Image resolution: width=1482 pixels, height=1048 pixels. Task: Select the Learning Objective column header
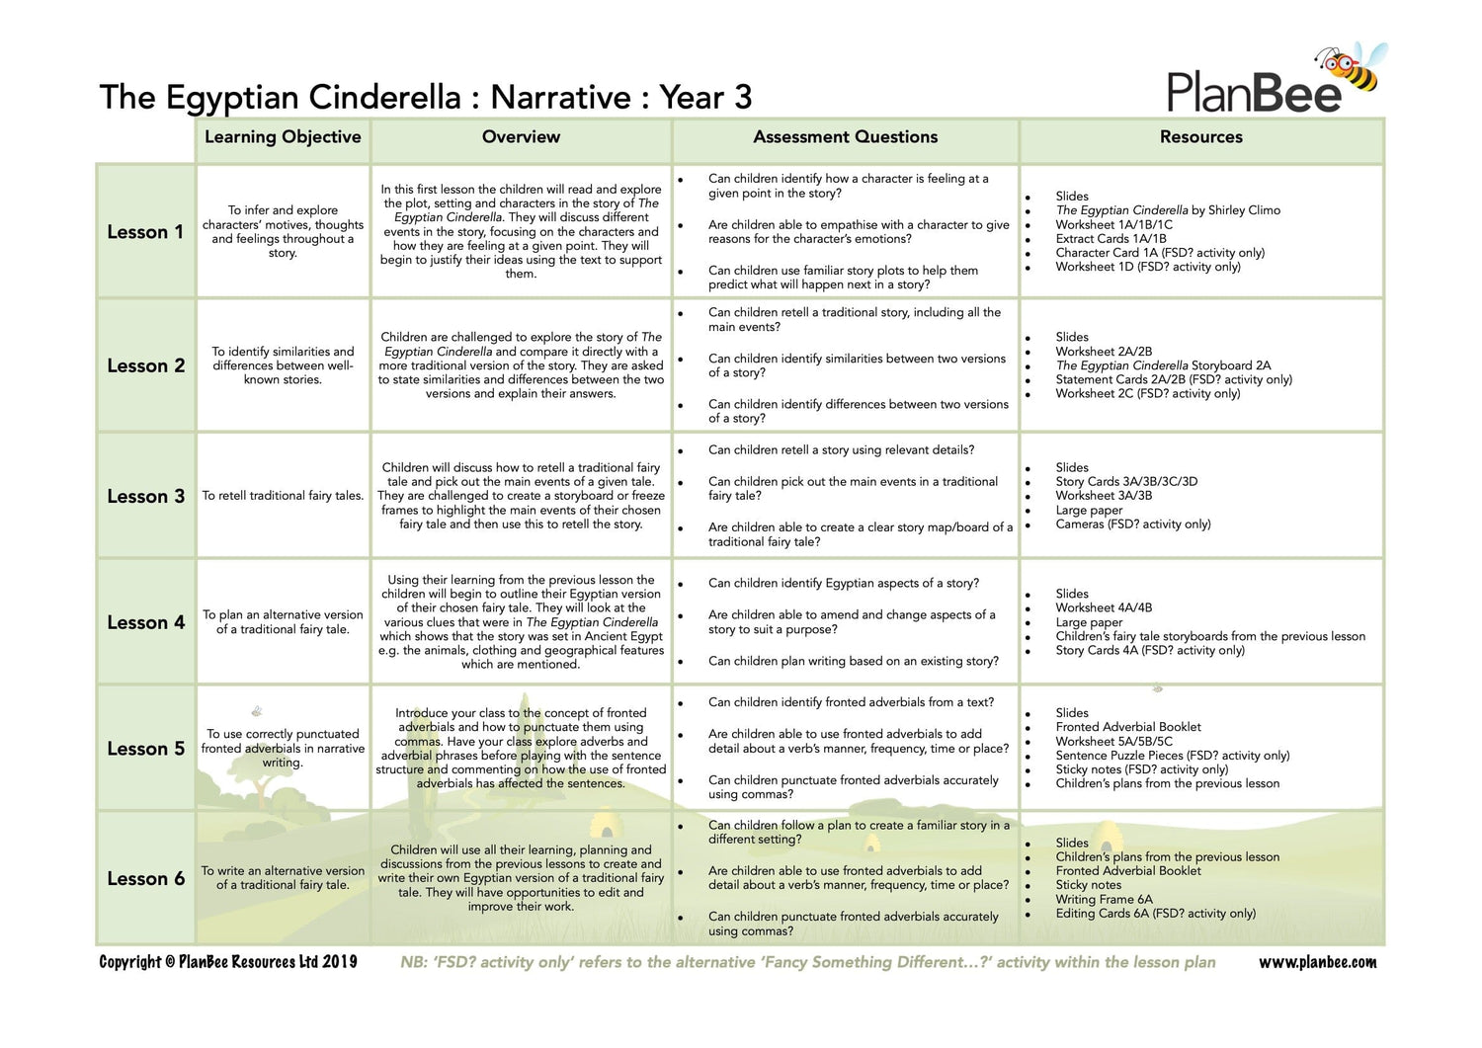click(x=283, y=137)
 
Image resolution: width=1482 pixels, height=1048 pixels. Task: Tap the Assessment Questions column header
click(x=845, y=137)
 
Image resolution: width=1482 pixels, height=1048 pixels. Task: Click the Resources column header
click(x=1200, y=137)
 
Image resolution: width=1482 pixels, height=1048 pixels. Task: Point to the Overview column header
click(x=521, y=137)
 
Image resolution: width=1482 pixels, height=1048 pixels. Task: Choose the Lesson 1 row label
click(x=145, y=232)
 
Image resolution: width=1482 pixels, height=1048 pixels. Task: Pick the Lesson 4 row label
click(x=145, y=622)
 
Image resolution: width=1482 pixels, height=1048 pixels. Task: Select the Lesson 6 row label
click(x=145, y=878)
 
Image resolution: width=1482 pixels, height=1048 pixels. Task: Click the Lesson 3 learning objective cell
click(x=283, y=496)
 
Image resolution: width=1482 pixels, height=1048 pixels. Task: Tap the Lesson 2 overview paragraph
click(x=521, y=365)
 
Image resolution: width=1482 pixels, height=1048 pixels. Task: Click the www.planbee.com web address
click(x=1316, y=962)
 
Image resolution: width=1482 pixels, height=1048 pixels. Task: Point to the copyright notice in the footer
click(x=228, y=962)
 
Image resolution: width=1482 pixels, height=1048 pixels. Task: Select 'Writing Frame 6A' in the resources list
click(x=1104, y=899)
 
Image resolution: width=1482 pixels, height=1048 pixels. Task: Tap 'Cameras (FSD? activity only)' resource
click(x=1132, y=524)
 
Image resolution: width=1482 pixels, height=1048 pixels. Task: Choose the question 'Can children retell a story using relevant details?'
click(x=841, y=450)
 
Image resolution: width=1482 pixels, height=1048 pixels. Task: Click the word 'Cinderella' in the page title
click(x=383, y=98)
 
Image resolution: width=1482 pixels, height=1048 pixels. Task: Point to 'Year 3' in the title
click(x=705, y=98)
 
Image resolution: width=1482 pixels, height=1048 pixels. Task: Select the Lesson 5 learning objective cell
click(x=283, y=749)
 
